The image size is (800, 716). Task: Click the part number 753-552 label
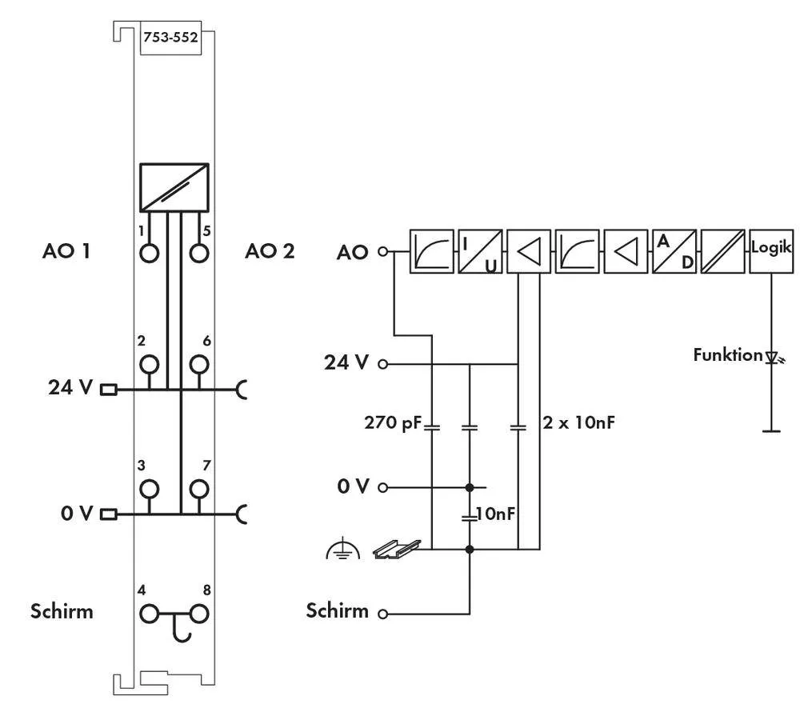pyautogui.click(x=170, y=37)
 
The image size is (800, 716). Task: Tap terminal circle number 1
pyautogui.click(x=149, y=253)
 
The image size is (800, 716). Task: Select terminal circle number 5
pyautogui.click(x=198, y=253)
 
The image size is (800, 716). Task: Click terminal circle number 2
pyautogui.click(x=149, y=365)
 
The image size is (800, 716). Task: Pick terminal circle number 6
pyautogui.click(x=198, y=365)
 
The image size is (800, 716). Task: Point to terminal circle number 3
pyautogui.click(x=149, y=489)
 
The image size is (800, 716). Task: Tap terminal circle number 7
pyautogui.click(x=198, y=489)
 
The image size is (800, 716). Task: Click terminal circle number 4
pyautogui.click(x=149, y=614)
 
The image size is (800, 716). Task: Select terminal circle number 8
pyautogui.click(x=198, y=614)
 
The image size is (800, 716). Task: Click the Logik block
pyautogui.click(x=771, y=252)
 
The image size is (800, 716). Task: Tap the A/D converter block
pyautogui.click(x=674, y=252)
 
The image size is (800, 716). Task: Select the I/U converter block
pyautogui.click(x=480, y=252)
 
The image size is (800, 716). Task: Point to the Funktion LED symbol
pyautogui.click(x=771, y=356)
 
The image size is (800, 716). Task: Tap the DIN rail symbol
pyautogui.click(x=397, y=548)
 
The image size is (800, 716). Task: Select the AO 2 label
pyautogui.click(x=270, y=252)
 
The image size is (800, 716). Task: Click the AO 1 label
pyautogui.click(x=66, y=252)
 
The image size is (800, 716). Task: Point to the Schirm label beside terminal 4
pyautogui.click(x=62, y=612)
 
